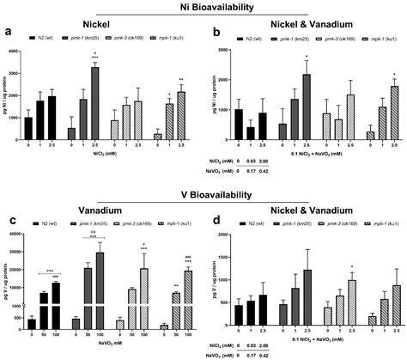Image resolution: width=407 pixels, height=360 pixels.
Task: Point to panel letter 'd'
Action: [216, 206]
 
